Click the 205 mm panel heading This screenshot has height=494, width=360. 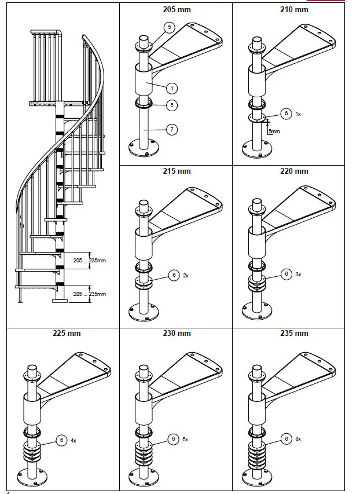[x=177, y=10]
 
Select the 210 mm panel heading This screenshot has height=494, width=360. [x=294, y=10]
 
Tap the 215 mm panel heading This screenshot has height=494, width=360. [x=177, y=171]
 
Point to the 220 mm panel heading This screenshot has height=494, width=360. [x=294, y=171]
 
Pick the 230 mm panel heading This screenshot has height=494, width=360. [x=177, y=334]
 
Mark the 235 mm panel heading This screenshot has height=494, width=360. [x=294, y=334]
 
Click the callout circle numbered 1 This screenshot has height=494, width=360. [x=172, y=89]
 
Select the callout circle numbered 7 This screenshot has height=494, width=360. [x=172, y=130]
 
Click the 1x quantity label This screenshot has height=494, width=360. [x=298, y=114]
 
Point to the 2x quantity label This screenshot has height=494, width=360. [x=186, y=276]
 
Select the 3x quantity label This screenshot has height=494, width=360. [x=299, y=274]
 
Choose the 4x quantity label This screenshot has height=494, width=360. [x=74, y=441]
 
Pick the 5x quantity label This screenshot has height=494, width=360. [x=185, y=440]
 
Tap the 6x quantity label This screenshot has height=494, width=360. [x=299, y=440]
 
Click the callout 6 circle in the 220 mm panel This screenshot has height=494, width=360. [x=285, y=274]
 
